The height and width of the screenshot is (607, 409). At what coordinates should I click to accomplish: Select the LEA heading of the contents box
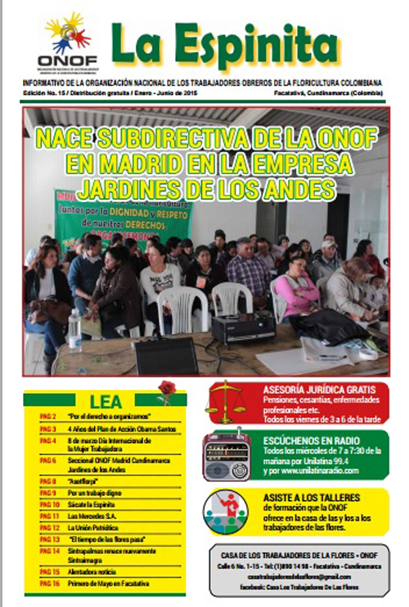(106, 401)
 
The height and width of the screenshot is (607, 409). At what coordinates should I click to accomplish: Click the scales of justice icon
(226, 402)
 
